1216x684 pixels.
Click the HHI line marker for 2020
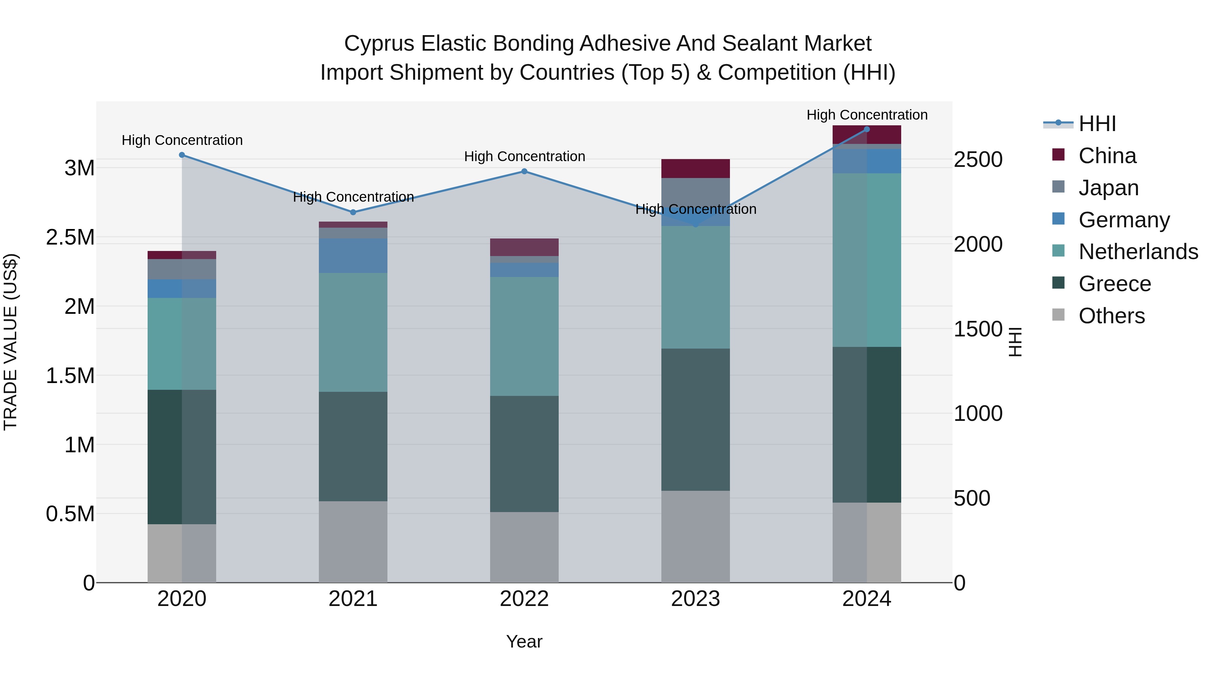[182, 155]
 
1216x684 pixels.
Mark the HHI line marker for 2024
[867, 129]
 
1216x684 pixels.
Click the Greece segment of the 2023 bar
[695, 420]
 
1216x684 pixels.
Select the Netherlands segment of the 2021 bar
[353, 332]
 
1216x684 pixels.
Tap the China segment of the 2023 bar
[695, 169]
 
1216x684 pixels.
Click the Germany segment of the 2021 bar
[353, 255]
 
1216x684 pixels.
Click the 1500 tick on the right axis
[978, 329]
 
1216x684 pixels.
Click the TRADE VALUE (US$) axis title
[10, 342]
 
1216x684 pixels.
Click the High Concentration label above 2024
[867, 115]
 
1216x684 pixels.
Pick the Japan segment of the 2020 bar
[182, 269]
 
